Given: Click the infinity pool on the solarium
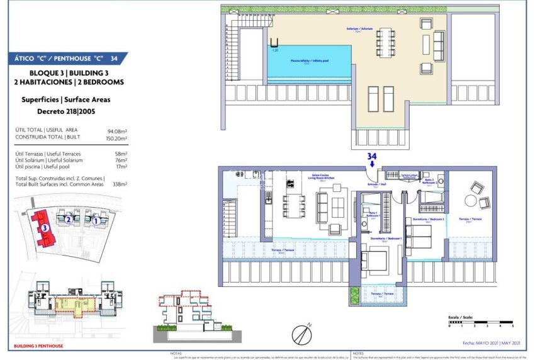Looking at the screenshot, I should point(308,62).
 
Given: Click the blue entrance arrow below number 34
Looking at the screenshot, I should point(372,162).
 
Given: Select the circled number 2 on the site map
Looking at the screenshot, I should point(67,220).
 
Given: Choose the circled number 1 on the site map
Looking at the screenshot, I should point(96,221).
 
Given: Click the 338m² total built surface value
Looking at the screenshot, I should point(120,184).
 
